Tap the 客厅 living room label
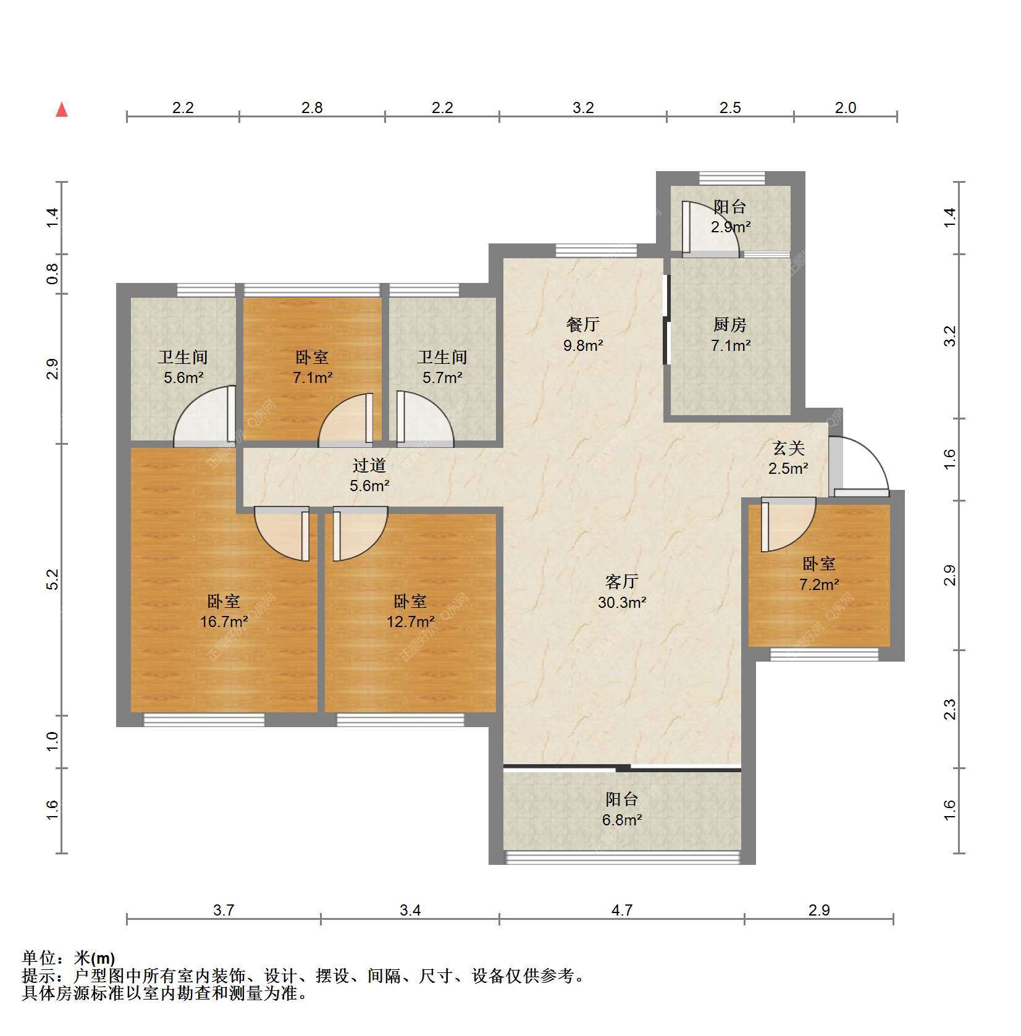pos(621,581)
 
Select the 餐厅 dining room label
pos(582,324)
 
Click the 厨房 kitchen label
pos(730,324)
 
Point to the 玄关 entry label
pos(788,448)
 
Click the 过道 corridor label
pos(369,465)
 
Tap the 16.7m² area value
pos(224,621)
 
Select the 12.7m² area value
pos(411,621)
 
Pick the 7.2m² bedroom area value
pos(819,584)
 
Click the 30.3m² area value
pos(622,602)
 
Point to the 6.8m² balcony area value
pos(622,820)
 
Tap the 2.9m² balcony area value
pos(731,227)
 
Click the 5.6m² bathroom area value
pos(183,377)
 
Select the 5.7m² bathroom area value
pos(443,377)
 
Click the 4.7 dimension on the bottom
pos(621,910)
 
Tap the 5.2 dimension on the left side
pos(53,579)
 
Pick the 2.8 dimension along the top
pos(312,107)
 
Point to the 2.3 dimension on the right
pos(950,709)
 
